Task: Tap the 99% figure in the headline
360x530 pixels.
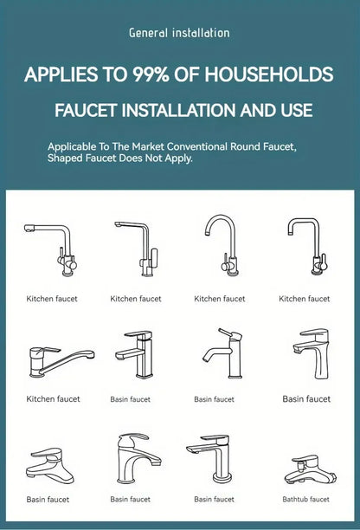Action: click(x=151, y=74)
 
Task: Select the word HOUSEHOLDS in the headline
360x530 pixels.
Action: click(x=269, y=74)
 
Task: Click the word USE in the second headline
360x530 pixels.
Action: click(x=297, y=111)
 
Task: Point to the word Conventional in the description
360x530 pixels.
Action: click(x=197, y=146)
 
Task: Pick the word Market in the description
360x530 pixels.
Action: click(x=148, y=146)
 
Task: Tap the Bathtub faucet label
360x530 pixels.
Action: click(x=305, y=499)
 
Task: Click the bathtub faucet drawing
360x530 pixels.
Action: click(x=310, y=470)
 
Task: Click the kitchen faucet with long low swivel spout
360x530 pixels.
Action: click(x=61, y=361)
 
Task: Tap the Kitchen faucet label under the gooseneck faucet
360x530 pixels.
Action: click(x=220, y=299)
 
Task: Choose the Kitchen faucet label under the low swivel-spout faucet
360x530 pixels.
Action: click(x=53, y=399)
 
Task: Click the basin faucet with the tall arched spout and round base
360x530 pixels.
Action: click(x=138, y=458)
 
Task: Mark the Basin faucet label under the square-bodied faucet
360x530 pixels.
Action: click(x=130, y=399)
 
